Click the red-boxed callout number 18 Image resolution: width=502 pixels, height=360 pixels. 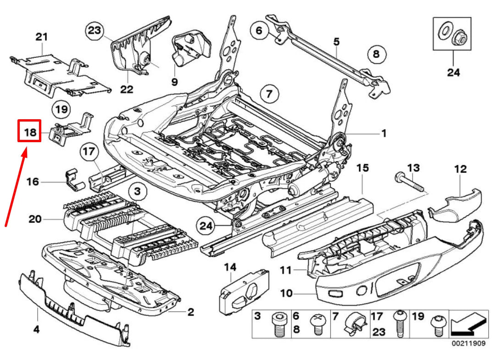coord(29,132)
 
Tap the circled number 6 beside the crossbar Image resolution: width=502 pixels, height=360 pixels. coord(259,31)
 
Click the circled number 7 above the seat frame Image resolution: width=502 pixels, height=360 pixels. coord(269,95)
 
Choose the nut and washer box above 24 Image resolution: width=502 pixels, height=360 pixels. coord(452,34)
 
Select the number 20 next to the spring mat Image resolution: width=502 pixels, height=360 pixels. coord(35,219)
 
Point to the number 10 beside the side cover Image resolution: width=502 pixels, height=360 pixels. coord(286,293)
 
